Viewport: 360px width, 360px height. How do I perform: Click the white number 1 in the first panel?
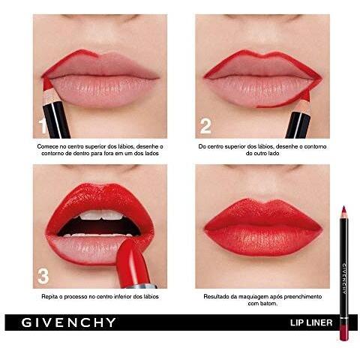tap(43, 126)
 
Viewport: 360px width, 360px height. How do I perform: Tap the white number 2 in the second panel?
tap(205, 126)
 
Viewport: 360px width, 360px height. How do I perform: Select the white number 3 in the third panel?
tap(43, 276)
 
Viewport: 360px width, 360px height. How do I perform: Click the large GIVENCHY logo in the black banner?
tap(68, 322)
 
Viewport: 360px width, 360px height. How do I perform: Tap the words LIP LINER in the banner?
tap(311, 322)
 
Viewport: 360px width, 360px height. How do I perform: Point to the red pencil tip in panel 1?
tap(46, 84)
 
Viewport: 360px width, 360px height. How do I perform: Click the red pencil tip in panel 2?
tap(307, 94)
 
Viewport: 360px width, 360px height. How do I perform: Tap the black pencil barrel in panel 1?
tap(56, 120)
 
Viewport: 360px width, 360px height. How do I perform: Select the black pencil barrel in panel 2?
tap(298, 125)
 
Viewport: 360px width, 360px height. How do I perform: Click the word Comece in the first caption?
tap(47, 147)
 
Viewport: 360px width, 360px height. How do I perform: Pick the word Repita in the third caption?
tap(49, 297)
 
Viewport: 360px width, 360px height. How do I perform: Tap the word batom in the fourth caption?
tap(270, 304)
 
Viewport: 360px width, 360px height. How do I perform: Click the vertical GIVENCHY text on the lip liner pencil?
tap(344, 277)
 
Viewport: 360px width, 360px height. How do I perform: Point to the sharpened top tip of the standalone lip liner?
tap(343, 207)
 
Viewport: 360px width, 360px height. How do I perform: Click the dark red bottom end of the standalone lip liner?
tap(343, 334)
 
